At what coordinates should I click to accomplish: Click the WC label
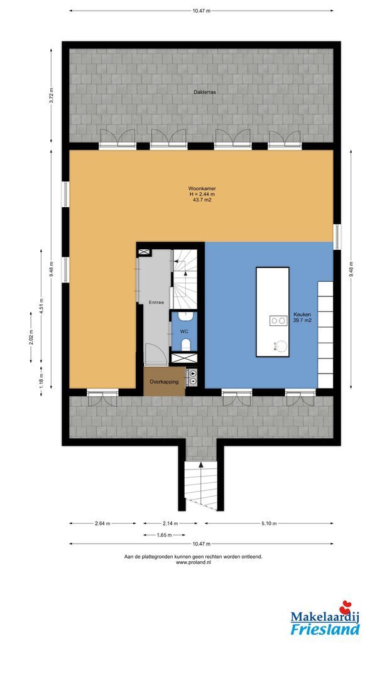point(184,331)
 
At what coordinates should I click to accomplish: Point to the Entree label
point(156,303)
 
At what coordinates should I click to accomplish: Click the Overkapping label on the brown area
point(164,382)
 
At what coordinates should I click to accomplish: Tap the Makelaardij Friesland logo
point(325,620)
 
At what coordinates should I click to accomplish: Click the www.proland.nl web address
point(194,562)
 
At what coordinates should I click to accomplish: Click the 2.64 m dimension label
point(102,524)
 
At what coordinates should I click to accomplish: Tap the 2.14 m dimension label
point(170,524)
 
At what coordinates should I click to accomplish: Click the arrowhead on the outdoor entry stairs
point(200,466)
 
